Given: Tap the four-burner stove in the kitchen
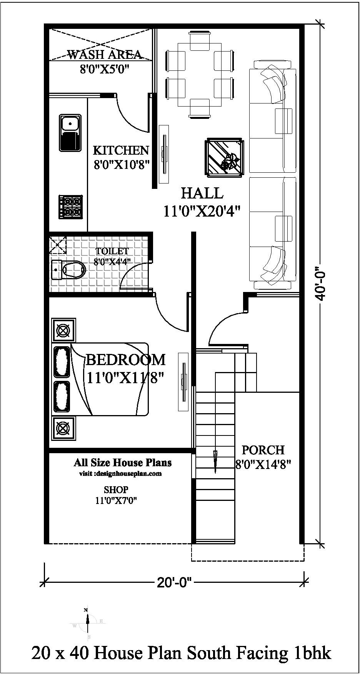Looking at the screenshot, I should point(70,207).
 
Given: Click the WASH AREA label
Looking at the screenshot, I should point(105,55).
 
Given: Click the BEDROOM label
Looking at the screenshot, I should point(126,360).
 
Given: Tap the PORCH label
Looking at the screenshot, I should point(263,450).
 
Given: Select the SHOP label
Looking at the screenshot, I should point(116,490).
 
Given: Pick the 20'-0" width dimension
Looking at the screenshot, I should point(174,583).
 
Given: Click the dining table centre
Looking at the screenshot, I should point(200,75).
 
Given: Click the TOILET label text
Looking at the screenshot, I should point(112,251).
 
